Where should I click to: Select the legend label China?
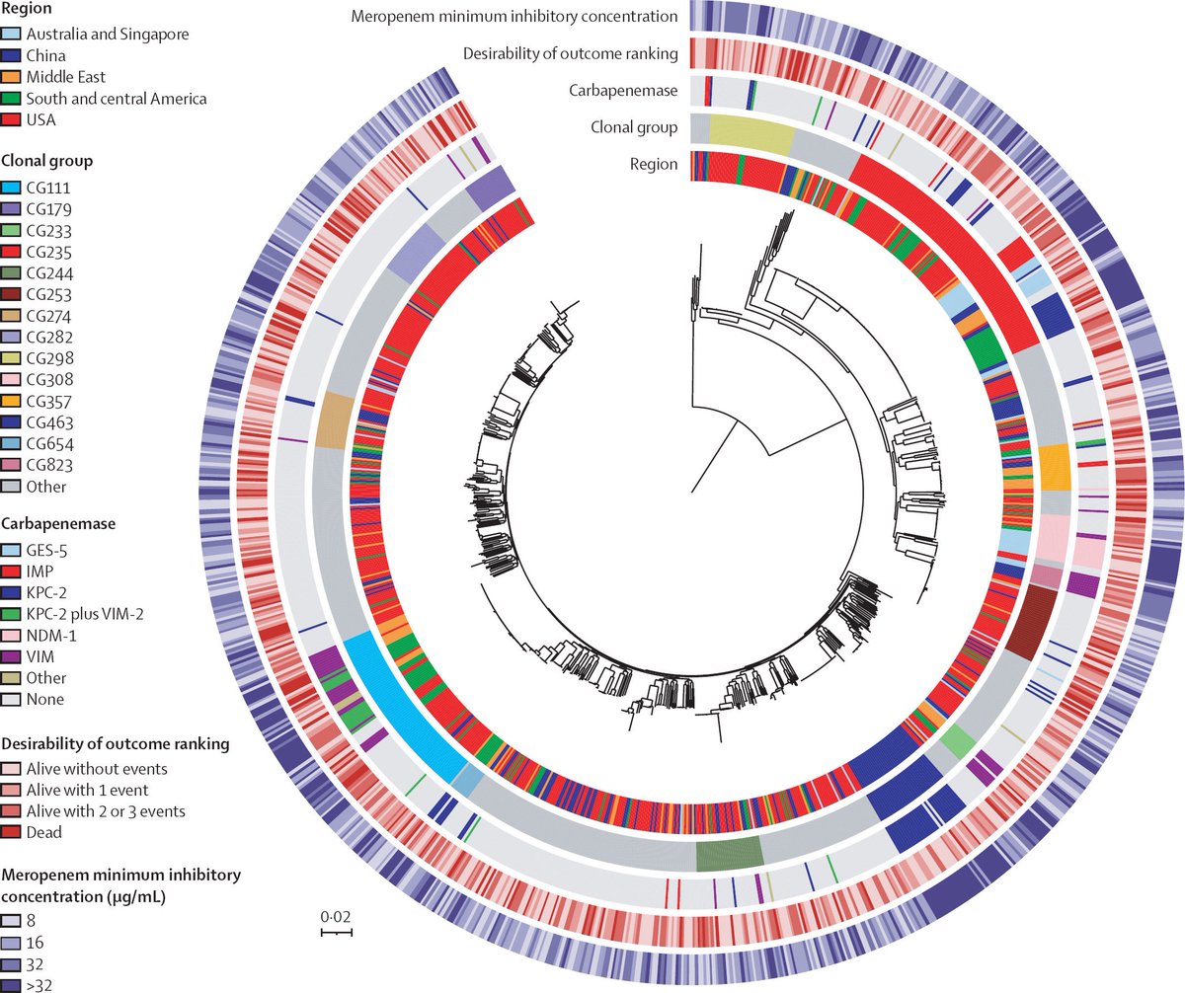pyautogui.click(x=47, y=55)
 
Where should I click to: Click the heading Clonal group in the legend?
pyautogui.click(x=47, y=160)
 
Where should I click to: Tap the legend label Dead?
pyautogui.click(x=45, y=832)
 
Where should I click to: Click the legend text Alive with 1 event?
pyautogui.click(x=87, y=789)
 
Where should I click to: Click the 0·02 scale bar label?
pyautogui.click(x=337, y=918)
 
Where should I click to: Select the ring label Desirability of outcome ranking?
pyautogui.click(x=570, y=53)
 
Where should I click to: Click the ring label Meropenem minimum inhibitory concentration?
pyautogui.click(x=514, y=17)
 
